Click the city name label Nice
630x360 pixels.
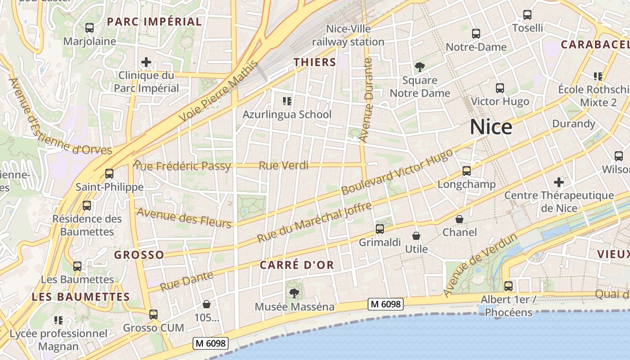491,127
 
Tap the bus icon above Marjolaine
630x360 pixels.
90,28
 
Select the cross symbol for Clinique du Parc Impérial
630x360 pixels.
146,62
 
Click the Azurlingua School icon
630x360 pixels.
287,101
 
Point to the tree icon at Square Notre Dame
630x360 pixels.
420,67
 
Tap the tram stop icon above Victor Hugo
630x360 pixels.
500,88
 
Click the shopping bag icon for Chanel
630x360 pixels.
459,219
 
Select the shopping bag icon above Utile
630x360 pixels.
416,236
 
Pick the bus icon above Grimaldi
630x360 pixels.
380,229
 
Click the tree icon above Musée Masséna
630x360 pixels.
294,293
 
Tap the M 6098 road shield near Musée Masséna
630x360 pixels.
385,304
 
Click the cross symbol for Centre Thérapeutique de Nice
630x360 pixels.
559,182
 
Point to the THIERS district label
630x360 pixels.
315,62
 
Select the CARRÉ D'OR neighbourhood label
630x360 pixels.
297,265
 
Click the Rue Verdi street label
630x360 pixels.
283,166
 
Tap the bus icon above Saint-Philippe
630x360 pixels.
109,173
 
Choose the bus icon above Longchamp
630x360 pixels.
467,171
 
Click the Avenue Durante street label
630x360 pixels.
367,100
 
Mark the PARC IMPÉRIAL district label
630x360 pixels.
154,22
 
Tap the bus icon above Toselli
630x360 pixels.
527,15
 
